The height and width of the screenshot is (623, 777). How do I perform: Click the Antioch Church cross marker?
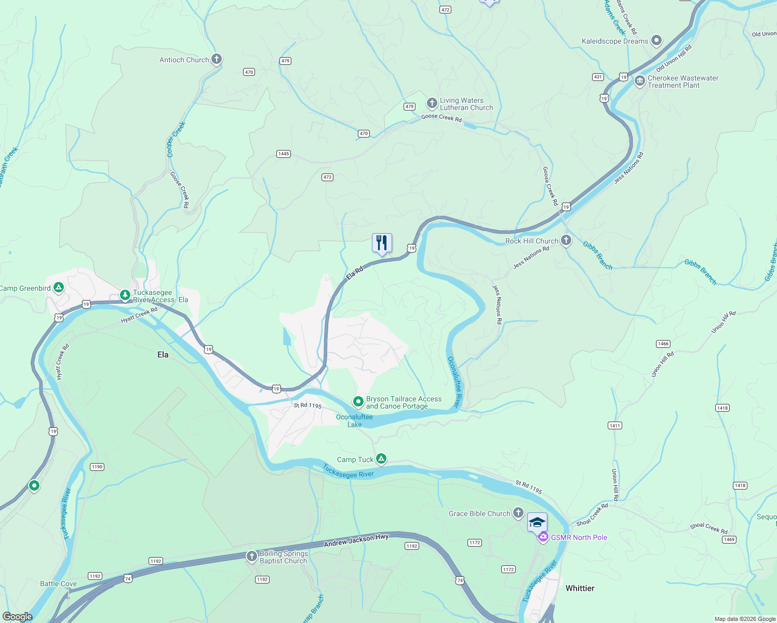[x=217, y=59]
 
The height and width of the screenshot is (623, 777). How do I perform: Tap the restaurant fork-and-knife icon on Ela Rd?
[x=382, y=243]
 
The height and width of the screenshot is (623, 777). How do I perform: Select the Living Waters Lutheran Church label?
[x=466, y=104]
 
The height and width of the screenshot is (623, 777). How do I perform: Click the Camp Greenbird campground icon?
[x=59, y=287]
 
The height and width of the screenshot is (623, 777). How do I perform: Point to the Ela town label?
[x=163, y=355]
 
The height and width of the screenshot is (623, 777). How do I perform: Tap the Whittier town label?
[x=580, y=588]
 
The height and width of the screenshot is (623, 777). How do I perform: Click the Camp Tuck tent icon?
[x=381, y=458]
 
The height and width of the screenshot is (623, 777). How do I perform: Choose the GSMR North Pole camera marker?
[x=543, y=537]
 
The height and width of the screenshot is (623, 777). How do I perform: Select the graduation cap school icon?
[x=537, y=522]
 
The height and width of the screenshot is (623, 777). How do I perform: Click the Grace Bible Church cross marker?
[x=518, y=513]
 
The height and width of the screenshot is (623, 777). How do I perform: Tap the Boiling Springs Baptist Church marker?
[x=252, y=557]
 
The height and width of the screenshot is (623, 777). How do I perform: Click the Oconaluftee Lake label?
[x=354, y=421]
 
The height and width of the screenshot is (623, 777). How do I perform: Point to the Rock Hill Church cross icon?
[x=566, y=240]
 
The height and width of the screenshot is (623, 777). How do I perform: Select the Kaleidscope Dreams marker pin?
[x=657, y=40]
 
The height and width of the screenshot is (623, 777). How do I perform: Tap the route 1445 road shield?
[x=284, y=154]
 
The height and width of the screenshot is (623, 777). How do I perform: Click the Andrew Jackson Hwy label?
[x=356, y=540]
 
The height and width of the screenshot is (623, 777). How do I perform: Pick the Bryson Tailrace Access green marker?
[x=358, y=401]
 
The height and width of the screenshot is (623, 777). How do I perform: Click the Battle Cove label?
[x=58, y=584]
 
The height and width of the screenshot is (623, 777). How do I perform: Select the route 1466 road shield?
[x=663, y=344]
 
